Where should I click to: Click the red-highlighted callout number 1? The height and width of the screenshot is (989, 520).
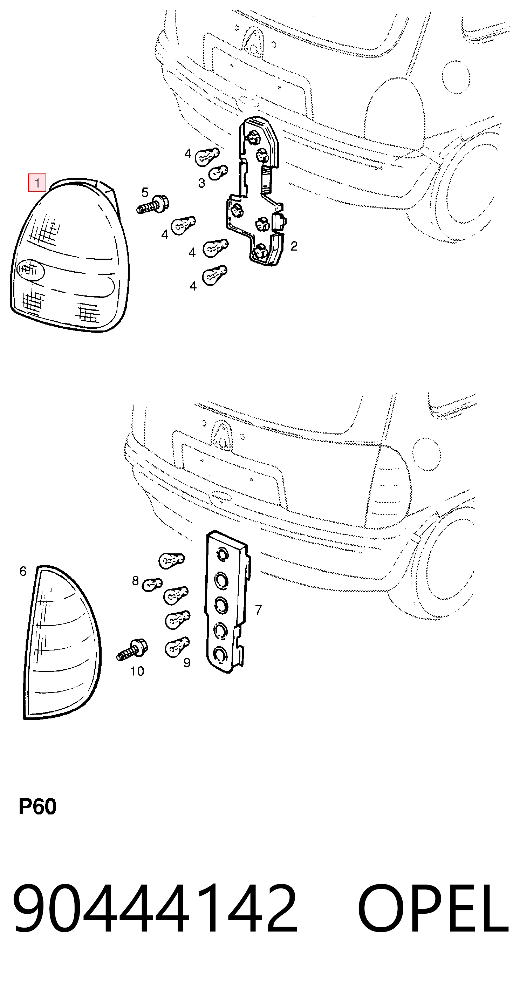point(37,182)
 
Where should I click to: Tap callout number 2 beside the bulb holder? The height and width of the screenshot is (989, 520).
point(294,246)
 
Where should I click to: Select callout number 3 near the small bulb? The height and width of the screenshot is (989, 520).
point(201,183)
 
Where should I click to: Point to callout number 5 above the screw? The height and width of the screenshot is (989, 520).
point(145,192)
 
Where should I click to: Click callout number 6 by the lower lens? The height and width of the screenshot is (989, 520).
point(23,571)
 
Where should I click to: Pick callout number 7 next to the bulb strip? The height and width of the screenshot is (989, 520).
point(258,610)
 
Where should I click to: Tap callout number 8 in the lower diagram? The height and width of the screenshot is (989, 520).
point(135,580)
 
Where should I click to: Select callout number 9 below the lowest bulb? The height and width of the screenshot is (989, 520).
point(187,662)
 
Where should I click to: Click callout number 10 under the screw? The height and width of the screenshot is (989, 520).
point(137,671)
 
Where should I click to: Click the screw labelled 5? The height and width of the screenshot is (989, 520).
point(153,205)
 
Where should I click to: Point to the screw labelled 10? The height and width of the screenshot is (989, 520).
point(132,650)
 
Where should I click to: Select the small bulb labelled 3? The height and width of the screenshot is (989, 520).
point(218,172)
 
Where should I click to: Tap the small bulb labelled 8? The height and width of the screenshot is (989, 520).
point(152,585)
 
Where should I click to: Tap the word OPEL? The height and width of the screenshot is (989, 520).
point(433,908)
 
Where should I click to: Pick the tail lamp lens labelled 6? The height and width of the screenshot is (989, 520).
point(62,642)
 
